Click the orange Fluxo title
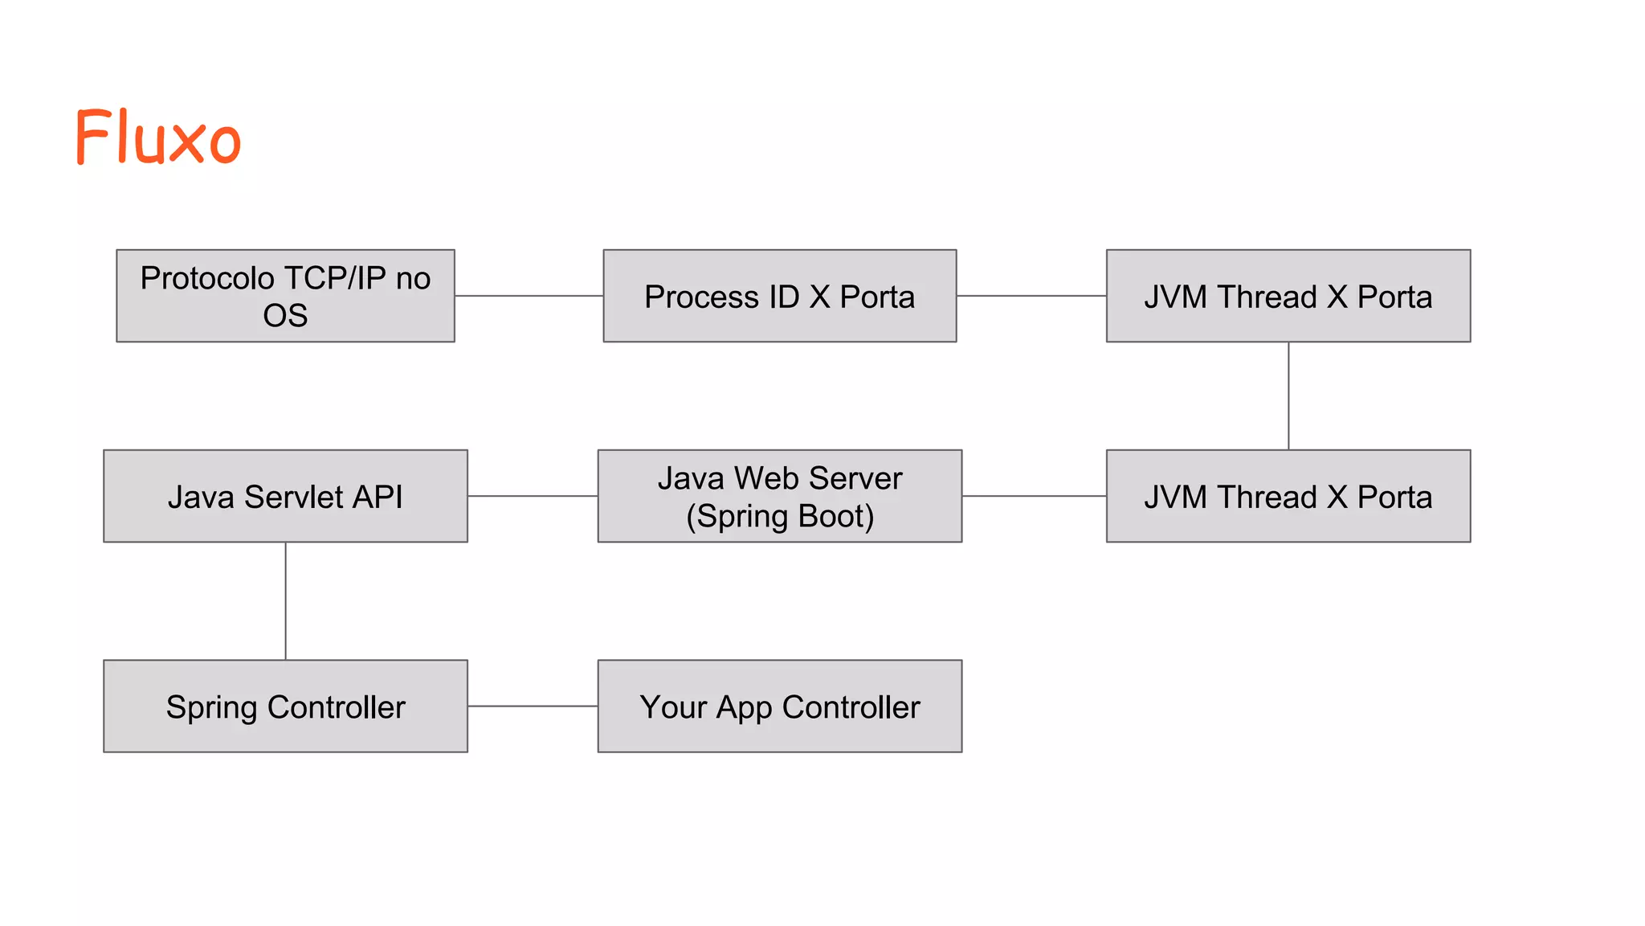click(x=158, y=137)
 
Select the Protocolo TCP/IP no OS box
click(x=285, y=296)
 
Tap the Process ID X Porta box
click(x=779, y=296)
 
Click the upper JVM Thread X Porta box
click(x=1288, y=296)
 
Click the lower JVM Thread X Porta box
click(x=1288, y=496)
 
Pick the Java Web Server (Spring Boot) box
click(x=779, y=496)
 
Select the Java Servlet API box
click(x=285, y=496)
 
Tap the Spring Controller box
click(x=285, y=707)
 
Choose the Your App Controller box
click(x=779, y=707)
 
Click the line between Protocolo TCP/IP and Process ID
click(x=529, y=296)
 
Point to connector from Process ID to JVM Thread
click(x=1031, y=296)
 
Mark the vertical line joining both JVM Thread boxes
click(x=1288, y=395)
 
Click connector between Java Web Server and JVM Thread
click(x=1034, y=496)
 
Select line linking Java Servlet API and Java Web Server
click(x=533, y=496)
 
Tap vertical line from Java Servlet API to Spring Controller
click(x=286, y=601)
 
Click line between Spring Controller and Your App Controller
click(x=533, y=707)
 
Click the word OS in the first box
click(x=285, y=316)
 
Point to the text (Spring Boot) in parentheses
click(x=779, y=516)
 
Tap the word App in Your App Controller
click(x=744, y=708)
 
